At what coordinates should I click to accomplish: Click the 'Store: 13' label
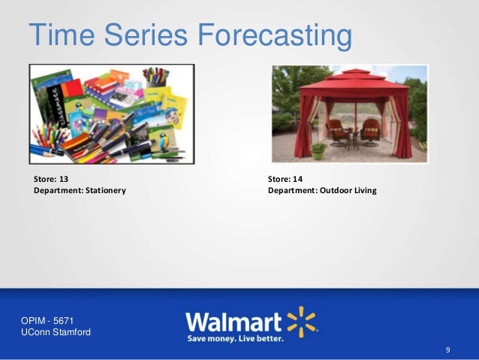pyautogui.click(x=50, y=179)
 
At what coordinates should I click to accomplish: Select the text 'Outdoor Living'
pyautogui.click(x=348, y=191)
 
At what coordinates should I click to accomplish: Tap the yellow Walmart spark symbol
pyautogui.click(x=303, y=320)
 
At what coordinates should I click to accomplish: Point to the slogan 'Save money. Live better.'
pyautogui.click(x=235, y=339)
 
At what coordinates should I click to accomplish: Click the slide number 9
pyautogui.click(x=447, y=350)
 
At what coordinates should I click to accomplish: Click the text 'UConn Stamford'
pyautogui.click(x=57, y=332)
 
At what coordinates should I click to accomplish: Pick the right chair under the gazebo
pyautogui.click(x=370, y=135)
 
